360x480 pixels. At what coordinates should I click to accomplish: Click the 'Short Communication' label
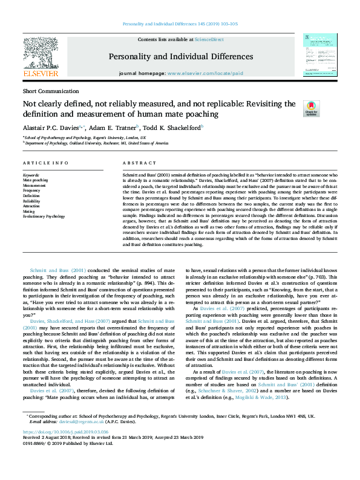coord(45,90)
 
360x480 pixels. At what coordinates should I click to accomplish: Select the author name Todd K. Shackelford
coord(173,128)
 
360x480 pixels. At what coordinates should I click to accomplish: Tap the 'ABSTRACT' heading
coord(140,164)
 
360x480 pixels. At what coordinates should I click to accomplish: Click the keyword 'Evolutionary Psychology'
coord(44,216)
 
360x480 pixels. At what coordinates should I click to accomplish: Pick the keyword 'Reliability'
coord(31,201)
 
